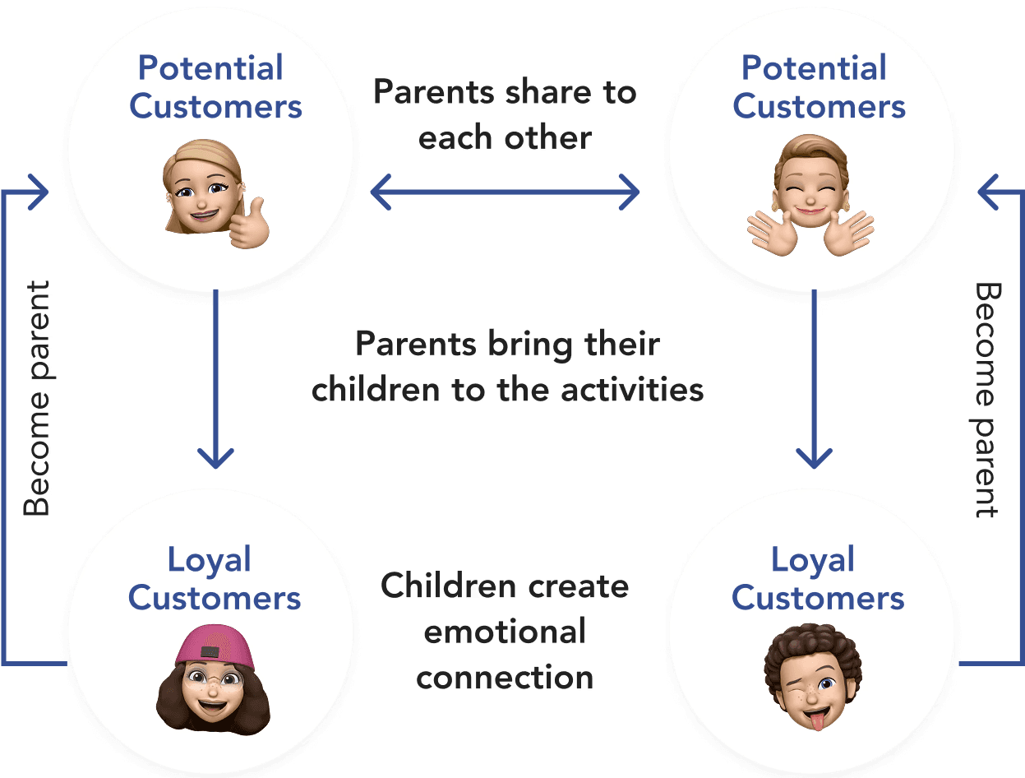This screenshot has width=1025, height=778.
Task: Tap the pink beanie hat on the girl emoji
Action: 215,646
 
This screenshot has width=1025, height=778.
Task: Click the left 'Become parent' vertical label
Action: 36,400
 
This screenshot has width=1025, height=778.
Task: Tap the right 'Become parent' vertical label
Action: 987,400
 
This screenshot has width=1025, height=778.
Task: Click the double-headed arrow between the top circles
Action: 505,193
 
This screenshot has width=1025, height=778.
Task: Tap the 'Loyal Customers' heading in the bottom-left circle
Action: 214,579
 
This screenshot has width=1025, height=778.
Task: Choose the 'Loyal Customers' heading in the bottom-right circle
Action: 817,579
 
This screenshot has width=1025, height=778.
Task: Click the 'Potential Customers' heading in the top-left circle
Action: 215,87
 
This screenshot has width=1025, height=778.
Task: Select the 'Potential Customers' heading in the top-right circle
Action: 819,87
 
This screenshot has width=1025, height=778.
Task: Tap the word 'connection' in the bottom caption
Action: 505,678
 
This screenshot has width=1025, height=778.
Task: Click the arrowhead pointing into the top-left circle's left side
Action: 38,191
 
